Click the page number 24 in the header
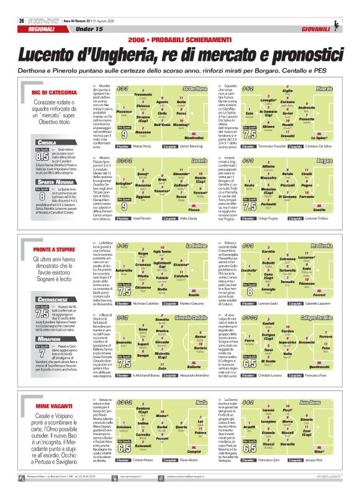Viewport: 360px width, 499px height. coord(21,20)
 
